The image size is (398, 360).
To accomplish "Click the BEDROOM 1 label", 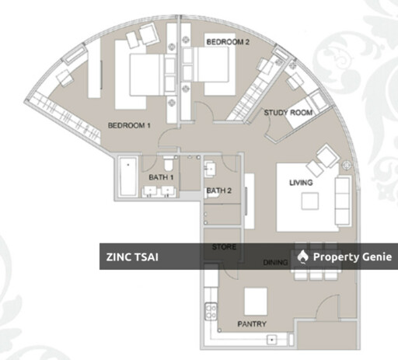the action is [129, 126].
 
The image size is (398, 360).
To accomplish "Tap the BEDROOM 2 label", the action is [228, 42].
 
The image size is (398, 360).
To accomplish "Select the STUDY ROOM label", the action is [288, 113].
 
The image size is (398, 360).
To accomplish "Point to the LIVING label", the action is [301, 183].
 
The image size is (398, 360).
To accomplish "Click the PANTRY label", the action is [252, 324].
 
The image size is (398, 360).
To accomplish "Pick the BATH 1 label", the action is [161, 177].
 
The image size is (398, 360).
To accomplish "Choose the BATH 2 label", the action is [219, 190].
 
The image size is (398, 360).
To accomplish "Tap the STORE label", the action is [224, 246].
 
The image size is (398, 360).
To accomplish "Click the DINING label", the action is [275, 263].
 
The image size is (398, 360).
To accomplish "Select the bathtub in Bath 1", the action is [128, 177].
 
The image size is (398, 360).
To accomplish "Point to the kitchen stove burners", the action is [211, 312].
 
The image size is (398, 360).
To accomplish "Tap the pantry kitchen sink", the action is [272, 340].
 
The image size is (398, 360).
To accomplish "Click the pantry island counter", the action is [256, 302].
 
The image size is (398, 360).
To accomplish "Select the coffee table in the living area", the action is [310, 201].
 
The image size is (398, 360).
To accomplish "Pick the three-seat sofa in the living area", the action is [344, 201].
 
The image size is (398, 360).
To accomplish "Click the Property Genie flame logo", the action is [302, 257].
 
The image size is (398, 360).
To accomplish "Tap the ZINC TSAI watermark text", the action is [132, 257].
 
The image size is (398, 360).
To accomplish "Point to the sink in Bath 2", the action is [210, 170].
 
